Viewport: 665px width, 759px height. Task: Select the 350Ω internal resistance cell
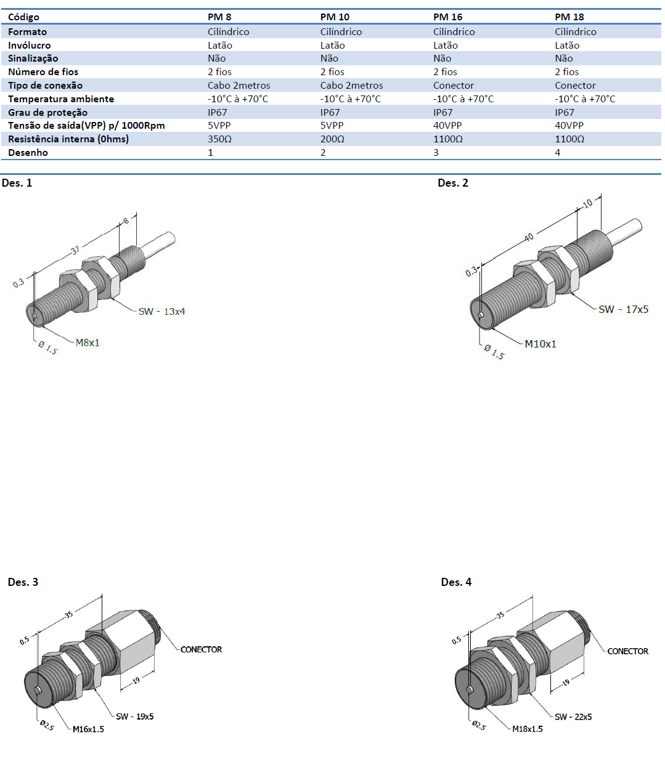coord(219,139)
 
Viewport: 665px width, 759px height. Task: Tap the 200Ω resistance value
coord(332,139)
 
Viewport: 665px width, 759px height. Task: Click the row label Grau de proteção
coord(47,113)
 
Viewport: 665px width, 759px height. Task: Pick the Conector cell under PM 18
coord(575,86)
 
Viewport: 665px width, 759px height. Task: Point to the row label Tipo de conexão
coord(45,86)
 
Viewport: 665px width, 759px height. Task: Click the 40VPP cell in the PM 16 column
coord(447,126)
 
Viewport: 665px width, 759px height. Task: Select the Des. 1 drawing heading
coord(17,183)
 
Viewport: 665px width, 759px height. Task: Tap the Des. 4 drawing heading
coord(456,582)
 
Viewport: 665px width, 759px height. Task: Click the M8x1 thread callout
coord(88,343)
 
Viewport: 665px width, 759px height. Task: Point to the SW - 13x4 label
coord(161,312)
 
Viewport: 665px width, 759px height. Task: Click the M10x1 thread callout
coord(541,344)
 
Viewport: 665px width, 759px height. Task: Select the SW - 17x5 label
coord(623,309)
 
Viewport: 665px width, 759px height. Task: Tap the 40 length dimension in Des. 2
coord(528,236)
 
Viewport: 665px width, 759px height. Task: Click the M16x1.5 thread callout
coord(88,729)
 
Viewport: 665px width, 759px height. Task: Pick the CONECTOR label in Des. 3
coord(201,649)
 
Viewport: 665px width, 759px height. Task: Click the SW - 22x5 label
coord(573,717)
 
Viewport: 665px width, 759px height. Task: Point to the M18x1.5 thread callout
coord(528,729)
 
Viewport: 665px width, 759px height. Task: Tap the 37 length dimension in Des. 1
coord(75,251)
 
